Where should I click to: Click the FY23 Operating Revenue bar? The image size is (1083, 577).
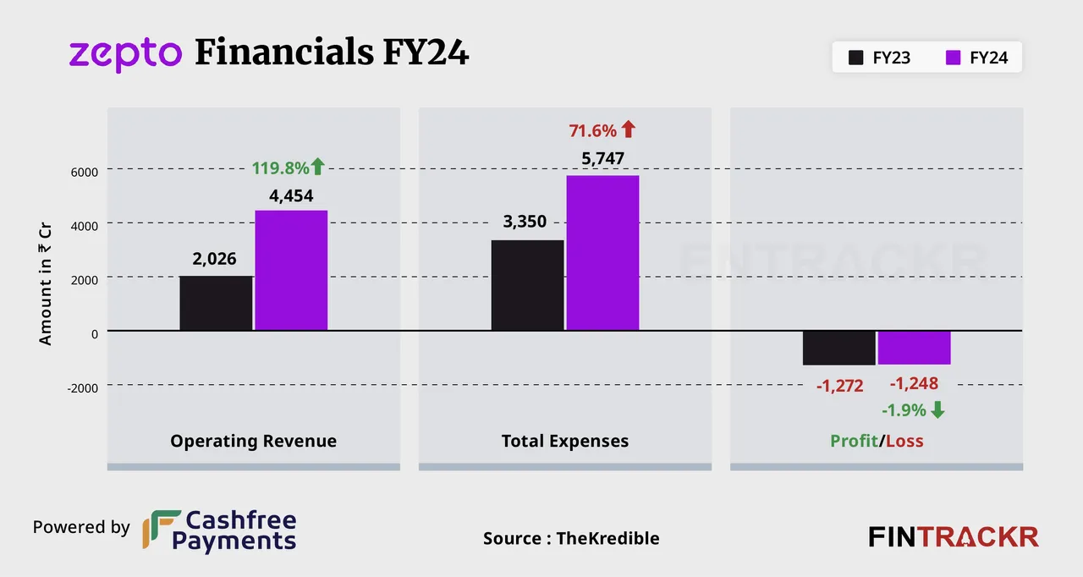tap(216, 303)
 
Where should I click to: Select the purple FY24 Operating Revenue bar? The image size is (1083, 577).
tap(291, 270)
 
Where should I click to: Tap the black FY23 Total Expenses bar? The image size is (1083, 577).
tap(527, 285)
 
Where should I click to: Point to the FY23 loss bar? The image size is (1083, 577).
tap(838, 348)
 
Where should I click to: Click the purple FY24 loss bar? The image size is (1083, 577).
tap(914, 348)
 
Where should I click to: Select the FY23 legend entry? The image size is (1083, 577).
tap(880, 58)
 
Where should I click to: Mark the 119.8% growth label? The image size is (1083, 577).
tap(280, 168)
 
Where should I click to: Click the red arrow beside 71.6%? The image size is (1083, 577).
tap(628, 129)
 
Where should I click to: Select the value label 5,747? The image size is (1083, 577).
tap(602, 159)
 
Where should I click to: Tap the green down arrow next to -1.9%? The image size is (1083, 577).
tap(937, 410)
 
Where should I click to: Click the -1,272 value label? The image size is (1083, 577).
tap(839, 387)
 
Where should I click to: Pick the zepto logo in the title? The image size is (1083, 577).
tap(125, 55)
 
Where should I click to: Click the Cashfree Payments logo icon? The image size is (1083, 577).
tap(161, 530)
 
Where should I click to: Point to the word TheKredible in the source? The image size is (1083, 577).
tap(607, 538)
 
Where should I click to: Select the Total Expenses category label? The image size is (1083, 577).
tap(565, 441)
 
